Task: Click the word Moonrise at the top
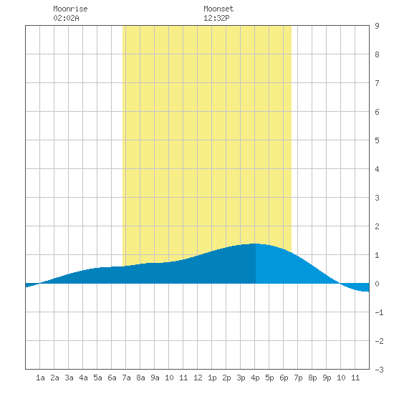70,9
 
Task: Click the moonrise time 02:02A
66,18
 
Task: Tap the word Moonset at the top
218,9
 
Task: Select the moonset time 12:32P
216,18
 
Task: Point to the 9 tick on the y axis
377,26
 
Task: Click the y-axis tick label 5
377,140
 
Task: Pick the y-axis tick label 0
377,284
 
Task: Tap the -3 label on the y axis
379,370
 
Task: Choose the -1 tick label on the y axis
379,312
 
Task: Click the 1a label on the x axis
40,378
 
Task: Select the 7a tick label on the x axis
126,378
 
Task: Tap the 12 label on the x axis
198,378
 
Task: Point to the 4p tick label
255,378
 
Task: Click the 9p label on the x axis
327,378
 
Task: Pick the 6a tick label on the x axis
112,378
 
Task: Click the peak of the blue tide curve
255,244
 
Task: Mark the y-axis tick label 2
377,226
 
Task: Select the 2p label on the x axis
226,378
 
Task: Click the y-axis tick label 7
377,83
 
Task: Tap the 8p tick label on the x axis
312,378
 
